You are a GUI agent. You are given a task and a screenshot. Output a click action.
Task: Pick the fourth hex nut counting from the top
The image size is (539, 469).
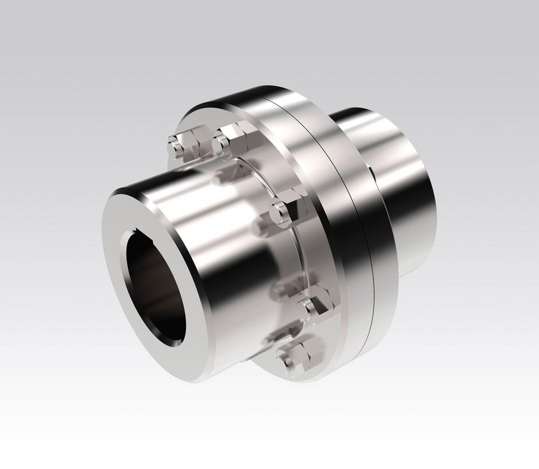[x=315, y=305]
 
